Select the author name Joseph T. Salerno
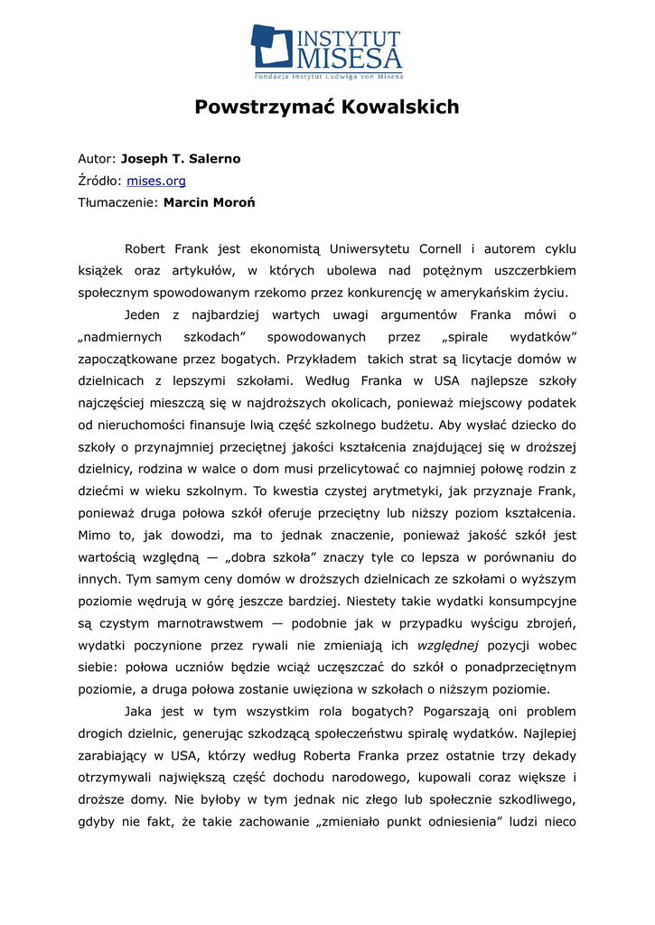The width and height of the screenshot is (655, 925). coord(181,159)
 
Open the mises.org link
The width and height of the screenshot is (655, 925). coord(155,181)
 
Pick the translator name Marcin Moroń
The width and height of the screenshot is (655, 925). coord(209,202)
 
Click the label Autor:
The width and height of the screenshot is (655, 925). coord(97,159)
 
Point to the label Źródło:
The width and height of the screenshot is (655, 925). coord(100,181)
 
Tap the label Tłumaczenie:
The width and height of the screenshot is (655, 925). coord(118,202)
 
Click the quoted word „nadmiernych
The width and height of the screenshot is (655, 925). coord(119,337)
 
